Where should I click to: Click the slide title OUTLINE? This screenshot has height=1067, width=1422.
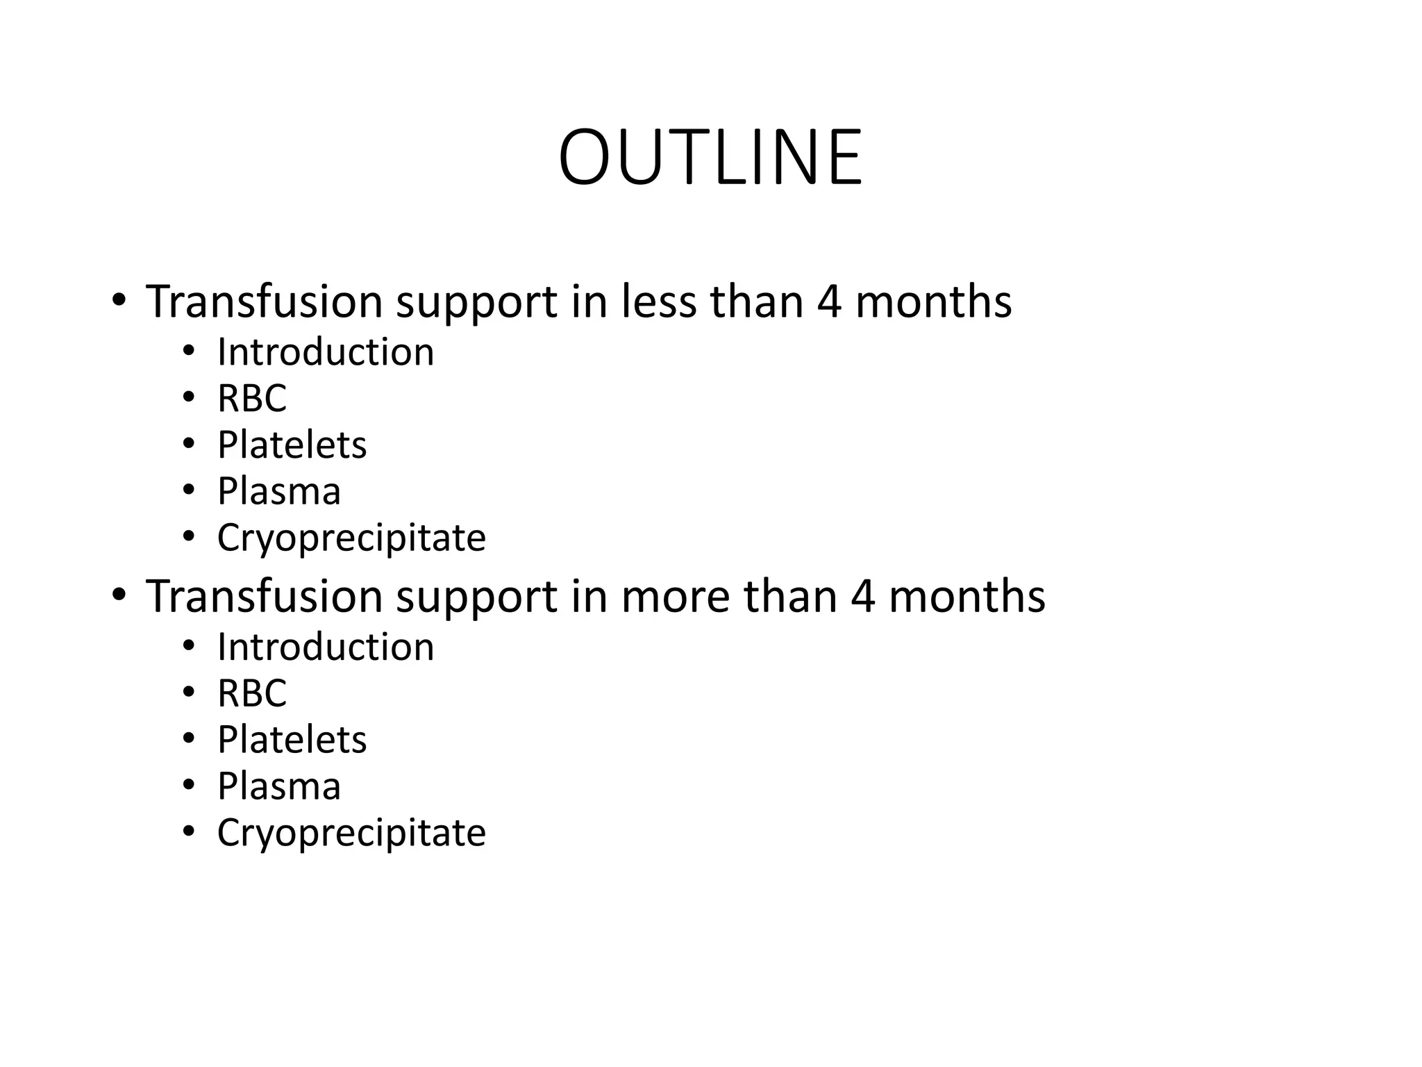(x=710, y=158)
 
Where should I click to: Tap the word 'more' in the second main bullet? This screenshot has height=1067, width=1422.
(x=675, y=597)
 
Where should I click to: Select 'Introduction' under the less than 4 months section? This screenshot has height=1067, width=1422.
(x=325, y=351)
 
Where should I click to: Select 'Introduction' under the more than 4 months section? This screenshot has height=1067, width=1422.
(x=325, y=647)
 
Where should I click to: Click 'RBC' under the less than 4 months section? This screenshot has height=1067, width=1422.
(x=251, y=398)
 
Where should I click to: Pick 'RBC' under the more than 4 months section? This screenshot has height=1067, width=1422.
(x=251, y=693)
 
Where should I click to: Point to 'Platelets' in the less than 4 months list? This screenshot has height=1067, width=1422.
(x=292, y=445)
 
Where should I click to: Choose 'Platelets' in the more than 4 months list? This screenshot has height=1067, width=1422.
(x=292, y=739)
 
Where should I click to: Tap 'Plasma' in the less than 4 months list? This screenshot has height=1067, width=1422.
(x=278, y=491)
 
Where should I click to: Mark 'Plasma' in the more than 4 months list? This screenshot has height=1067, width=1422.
(x=278, y=786)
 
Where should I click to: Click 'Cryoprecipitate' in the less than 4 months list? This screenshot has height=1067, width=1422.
(x=351, y=538)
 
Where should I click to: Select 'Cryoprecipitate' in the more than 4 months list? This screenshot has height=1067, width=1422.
(x=351, y=832)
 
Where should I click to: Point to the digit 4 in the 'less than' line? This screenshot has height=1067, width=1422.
(x=829, y=302)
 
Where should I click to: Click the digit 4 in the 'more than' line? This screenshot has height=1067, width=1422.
(x=862, y=597)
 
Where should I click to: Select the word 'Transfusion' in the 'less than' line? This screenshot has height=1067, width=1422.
(x=264, y=302)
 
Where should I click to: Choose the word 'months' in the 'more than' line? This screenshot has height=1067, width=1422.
(x=967, y=597)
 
